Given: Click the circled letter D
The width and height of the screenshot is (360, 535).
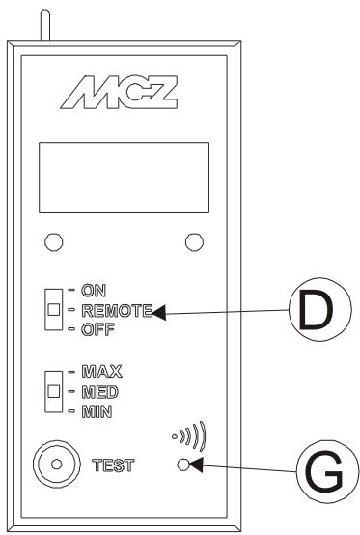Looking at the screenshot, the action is [x=320, y=314].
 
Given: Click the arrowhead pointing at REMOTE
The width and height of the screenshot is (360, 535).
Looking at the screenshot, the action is [x=159, y=311].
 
